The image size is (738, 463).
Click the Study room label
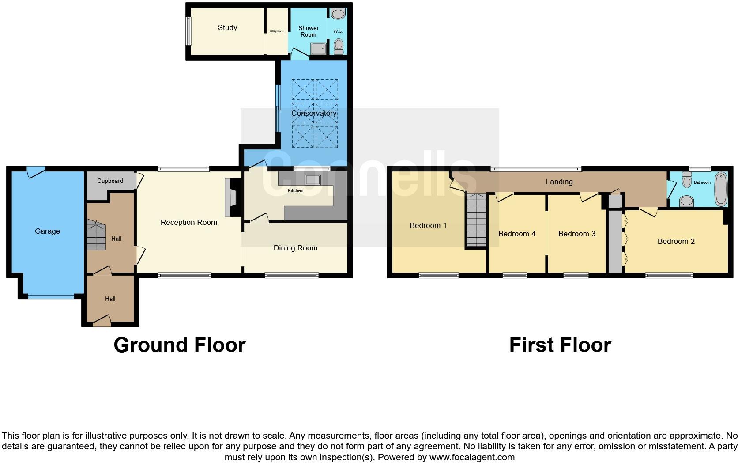(x=227, y=27)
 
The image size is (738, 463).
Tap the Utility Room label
(x=277, y=31)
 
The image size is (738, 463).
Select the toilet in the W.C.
(x=339, y=45)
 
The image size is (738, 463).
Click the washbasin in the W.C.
(x=338, y=14)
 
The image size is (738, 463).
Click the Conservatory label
(x=314, y=113)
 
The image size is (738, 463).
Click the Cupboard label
(x=110, y=181)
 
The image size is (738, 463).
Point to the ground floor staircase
(x=96, y=235)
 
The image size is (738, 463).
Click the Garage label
(x=47, y=231)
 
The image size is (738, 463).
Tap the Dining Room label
(x=295, y=248)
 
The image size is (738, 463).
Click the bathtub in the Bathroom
(x=720, y=189)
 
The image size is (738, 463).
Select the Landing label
(x=559, y=182)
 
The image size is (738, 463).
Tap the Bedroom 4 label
(x=516, y=234)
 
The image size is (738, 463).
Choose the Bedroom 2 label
(x=676, y=241)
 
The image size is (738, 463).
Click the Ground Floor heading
(x=179, y=345)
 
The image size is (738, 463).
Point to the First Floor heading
(x=560, y=345)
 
